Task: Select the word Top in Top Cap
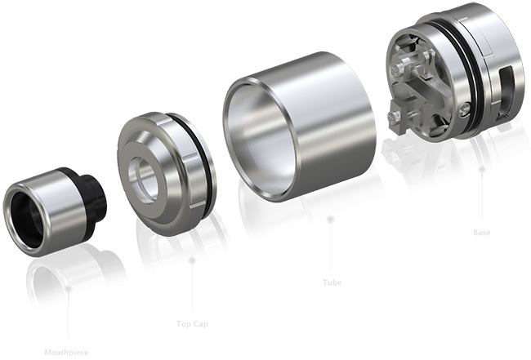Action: coord(183,324)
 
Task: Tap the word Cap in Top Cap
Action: coord(199,324)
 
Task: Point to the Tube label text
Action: coord(331,283)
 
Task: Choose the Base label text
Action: coord(482,233)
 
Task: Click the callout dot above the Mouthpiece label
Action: coord(69,287)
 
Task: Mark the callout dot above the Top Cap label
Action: coord(191,261)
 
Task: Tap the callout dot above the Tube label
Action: coord(330,219)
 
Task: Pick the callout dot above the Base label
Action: coord(482,169)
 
